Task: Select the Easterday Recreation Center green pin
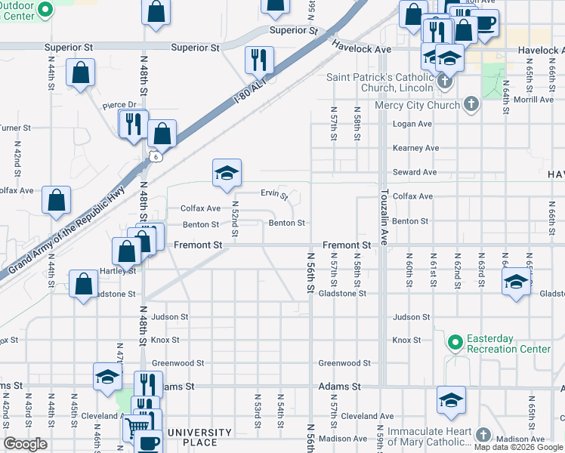tap(454, 344)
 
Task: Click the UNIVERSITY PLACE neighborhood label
tap(200, 437)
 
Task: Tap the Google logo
tap(25, 444)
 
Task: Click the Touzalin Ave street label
tap(384, 216)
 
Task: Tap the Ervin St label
tap(274, 195)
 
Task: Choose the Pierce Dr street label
tap(119, 105)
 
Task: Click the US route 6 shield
tap(153, 156)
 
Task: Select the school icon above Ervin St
tap(227, 174)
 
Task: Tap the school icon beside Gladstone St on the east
tap(516, 282)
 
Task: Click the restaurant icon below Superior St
tap(259, 60)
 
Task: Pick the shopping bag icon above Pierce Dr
tap(80, 73)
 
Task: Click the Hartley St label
tap(117, 270)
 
